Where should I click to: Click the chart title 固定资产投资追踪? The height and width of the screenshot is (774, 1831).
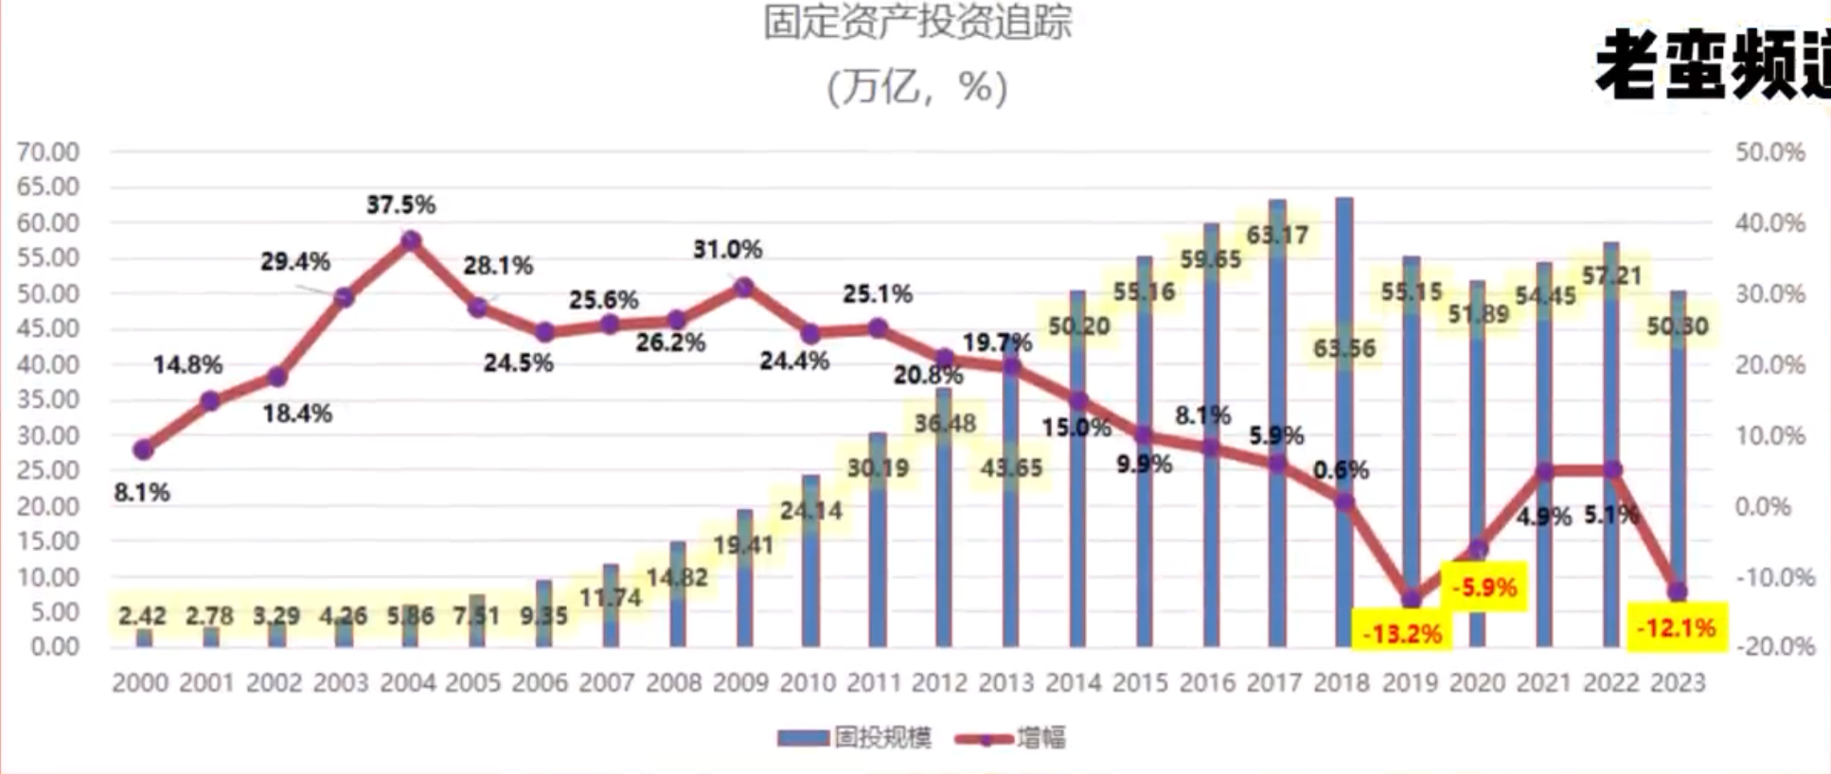916,24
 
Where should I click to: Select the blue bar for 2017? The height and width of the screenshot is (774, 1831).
1277,426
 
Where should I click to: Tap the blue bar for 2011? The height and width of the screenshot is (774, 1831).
878,539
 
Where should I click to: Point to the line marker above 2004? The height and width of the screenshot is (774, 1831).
410,241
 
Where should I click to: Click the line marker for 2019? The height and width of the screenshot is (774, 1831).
1411,599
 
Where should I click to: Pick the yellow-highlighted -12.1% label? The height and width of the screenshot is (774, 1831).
1676,627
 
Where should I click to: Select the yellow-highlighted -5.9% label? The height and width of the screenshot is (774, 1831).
1484,588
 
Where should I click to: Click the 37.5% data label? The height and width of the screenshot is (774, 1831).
401,204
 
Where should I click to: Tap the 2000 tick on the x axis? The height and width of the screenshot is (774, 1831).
140,683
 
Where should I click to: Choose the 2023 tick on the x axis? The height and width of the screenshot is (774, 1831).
1678,683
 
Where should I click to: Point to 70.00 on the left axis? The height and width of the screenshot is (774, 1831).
48,152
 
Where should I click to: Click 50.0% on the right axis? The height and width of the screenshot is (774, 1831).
1769,152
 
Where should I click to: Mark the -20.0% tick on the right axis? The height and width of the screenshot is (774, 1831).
1774,647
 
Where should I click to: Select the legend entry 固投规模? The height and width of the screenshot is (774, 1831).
855,738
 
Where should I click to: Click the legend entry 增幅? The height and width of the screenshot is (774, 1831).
1011,738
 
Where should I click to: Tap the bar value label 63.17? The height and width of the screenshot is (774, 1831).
1277,234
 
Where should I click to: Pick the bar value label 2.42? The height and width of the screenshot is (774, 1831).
142,616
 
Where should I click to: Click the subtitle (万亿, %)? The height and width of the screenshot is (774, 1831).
916,88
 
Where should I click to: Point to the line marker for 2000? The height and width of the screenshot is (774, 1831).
143,449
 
